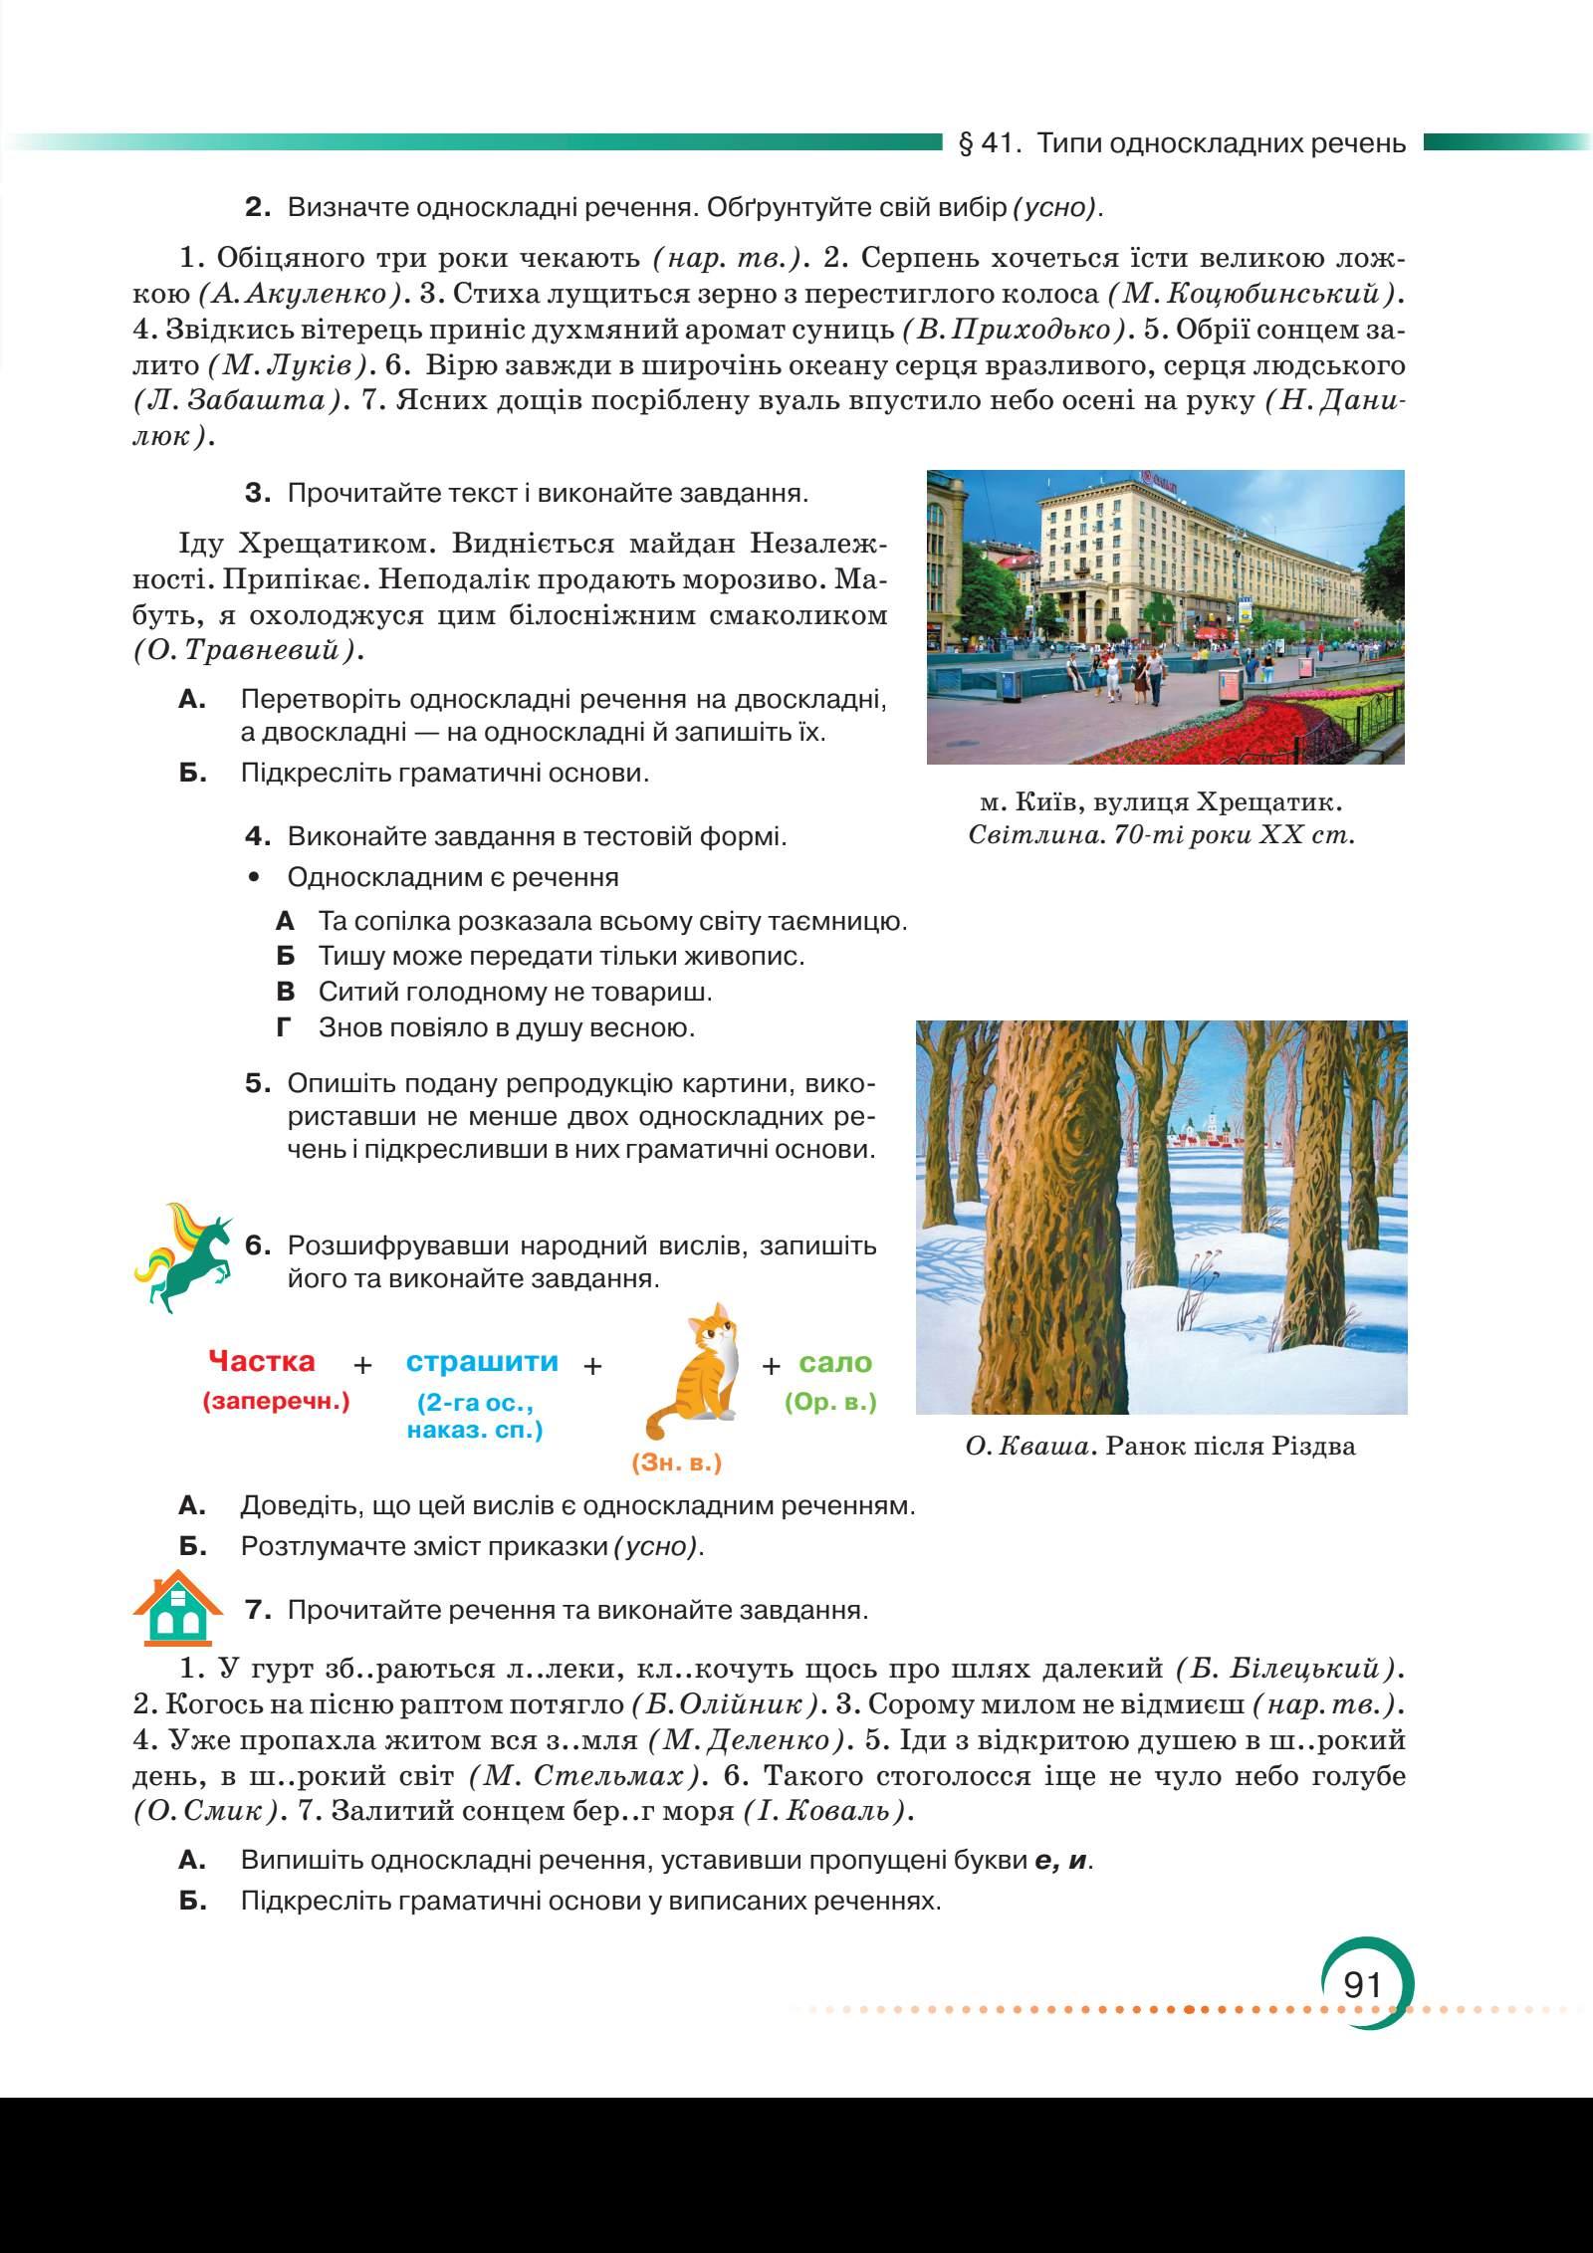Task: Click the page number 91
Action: click(1362, 1984)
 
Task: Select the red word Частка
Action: click(262, 1361)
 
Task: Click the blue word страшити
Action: click(483, 1361)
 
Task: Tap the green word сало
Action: click(835, 1361)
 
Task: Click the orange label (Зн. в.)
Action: click(676, 1463)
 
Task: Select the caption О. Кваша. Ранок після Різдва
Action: click(1161, 1446)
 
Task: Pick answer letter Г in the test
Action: click(285, 1027)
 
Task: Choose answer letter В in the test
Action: click(286, 992)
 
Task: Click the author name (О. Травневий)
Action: click(247, 651)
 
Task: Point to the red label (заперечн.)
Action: click(276, 1402)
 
